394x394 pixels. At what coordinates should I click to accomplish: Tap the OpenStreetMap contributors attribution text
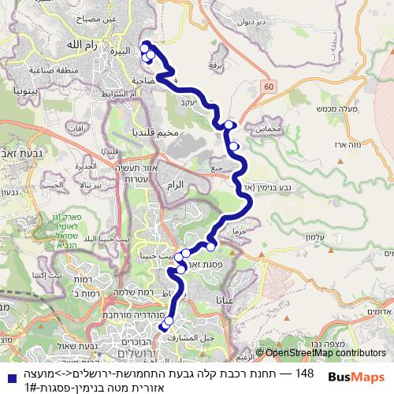tap(325, 353)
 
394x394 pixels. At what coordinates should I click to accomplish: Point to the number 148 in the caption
tap(303, 372)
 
